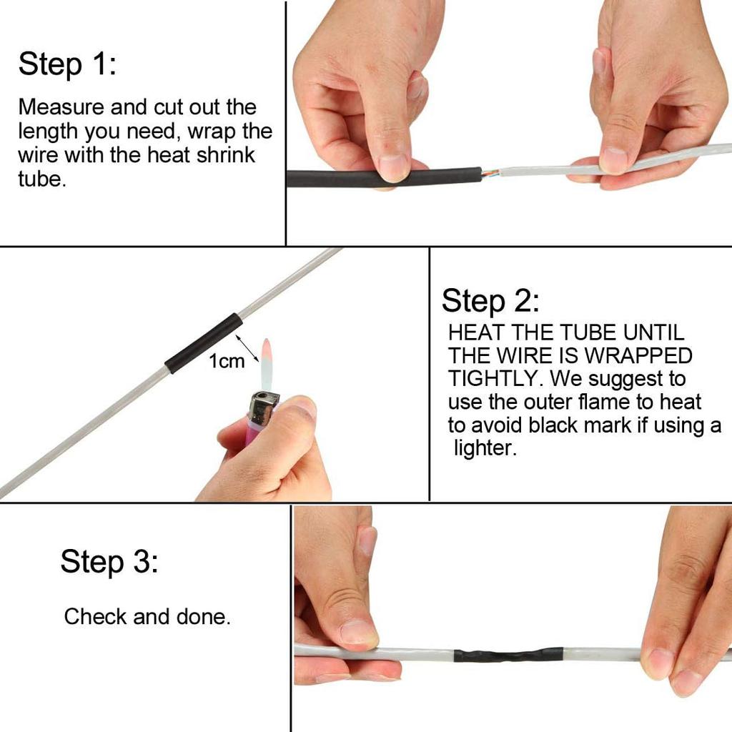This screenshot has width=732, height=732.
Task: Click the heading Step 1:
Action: [x=66, y=64]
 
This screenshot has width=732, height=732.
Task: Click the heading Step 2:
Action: [x=490, y=301]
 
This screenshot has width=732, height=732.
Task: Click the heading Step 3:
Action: [x=109, y=562]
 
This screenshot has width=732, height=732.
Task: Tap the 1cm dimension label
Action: [x=227, y=362]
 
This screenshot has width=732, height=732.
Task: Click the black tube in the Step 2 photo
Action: [x=204, y=343]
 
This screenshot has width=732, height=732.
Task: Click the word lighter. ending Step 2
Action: [x=485, y=450]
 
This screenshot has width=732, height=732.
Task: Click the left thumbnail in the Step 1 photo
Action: [x=394, y=168]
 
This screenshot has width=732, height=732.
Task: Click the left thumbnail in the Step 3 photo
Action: [x=357, y=632]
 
